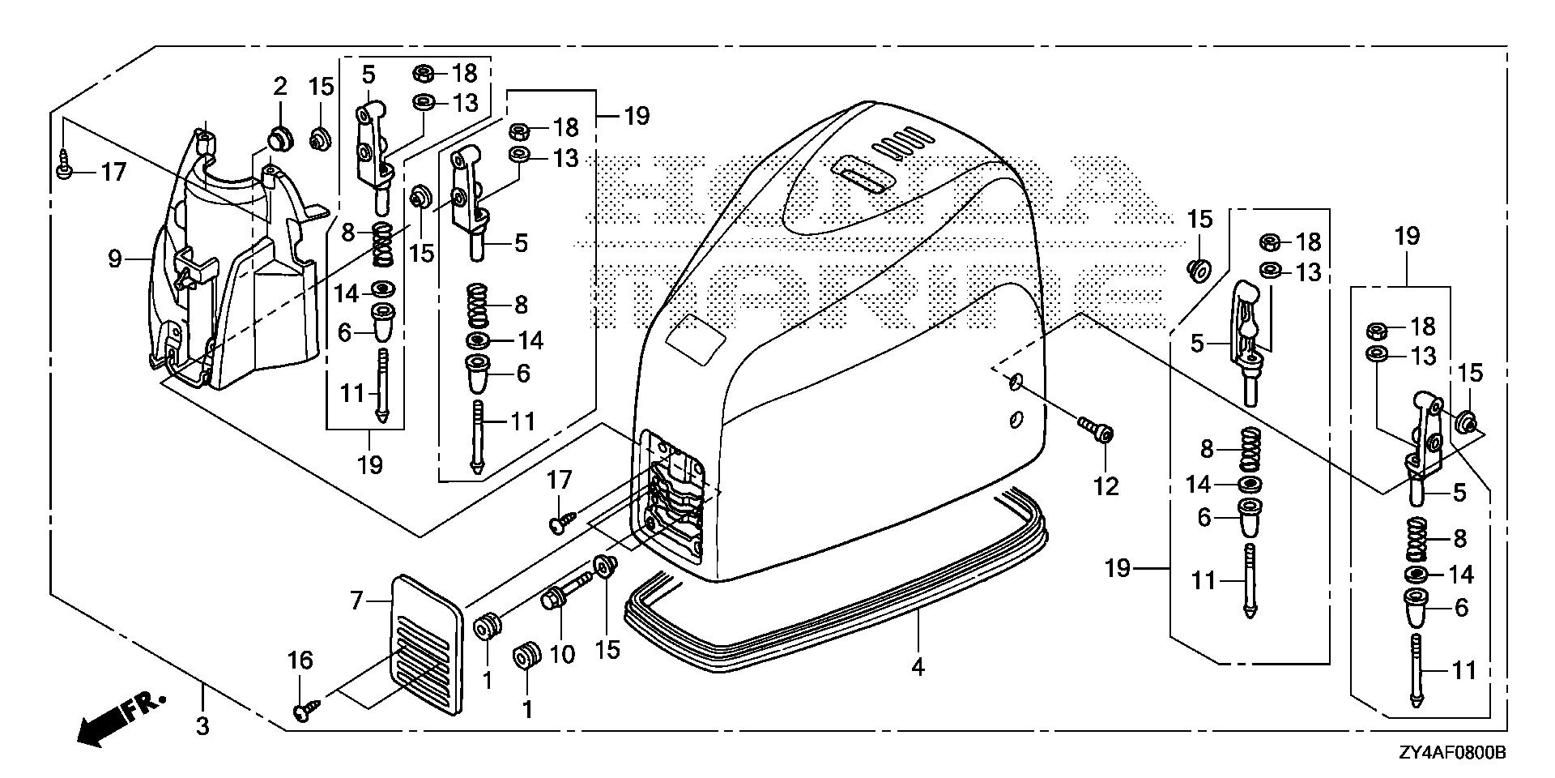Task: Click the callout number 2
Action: tap(279, 86)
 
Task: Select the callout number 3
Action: tap(202, 725)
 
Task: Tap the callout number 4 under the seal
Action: tap(917, 667)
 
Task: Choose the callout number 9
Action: tap(114, 259)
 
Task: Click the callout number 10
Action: tap(561, 652)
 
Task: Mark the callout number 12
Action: tap(1106, 486)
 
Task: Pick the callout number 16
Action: tap(300, 660)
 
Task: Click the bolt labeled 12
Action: tap(1093, 429)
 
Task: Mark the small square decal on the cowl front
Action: tap(695, 333)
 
